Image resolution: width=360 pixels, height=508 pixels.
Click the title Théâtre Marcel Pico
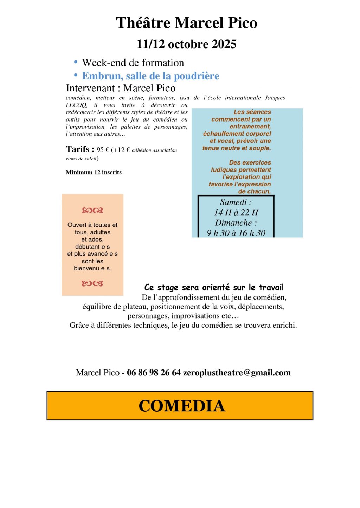click(x=186, y=23)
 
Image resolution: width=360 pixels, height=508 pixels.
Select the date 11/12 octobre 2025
click(x=186, y=44)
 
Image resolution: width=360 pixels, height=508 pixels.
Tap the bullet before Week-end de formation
click(x=76, y=62)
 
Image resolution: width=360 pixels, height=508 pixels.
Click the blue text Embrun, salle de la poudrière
click(x=150, y=76)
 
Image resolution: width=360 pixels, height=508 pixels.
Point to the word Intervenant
click(x=90, y=88)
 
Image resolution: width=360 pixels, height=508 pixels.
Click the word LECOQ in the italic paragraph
click(x=76, y=105)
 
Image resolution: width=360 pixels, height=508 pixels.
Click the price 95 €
click(x=103, y=150)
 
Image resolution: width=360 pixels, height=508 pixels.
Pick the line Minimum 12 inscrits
click(x=94, y=172)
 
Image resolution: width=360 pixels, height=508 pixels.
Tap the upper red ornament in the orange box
click(x=92, y=211)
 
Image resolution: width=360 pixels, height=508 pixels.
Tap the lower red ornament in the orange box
click(x=92, y=283)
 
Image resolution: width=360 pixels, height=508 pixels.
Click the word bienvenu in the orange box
click(x=86, y=268)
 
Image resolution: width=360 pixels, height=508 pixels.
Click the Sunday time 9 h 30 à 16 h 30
click(x=236, y=233)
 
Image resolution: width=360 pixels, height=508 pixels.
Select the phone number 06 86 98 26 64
click(x=154, y=373)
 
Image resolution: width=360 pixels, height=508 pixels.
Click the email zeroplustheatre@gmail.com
click(x=237, y=373)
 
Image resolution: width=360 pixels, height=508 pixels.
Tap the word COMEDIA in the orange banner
click(x=182, y=406)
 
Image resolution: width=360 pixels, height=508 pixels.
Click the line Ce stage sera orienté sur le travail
click(x=214, y=288)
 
